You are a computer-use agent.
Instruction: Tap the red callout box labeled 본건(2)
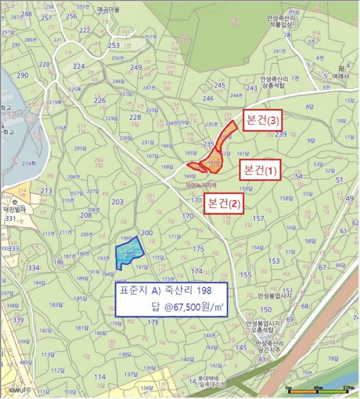pos(224,203)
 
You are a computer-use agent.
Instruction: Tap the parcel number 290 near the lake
pos(23,76)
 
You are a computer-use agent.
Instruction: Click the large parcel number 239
pos(280,135)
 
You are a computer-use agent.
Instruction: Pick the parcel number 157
pos(258,219)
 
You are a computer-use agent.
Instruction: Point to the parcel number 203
pos(117,202)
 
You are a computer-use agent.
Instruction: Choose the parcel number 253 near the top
pos(114,46)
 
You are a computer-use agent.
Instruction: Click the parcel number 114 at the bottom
pos(100,377)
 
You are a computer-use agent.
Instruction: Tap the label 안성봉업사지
pos(275,296)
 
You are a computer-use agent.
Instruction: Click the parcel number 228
pos(135,118)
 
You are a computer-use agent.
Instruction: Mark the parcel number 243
pos(252,88)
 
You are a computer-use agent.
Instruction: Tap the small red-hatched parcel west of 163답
pos(195,166)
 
